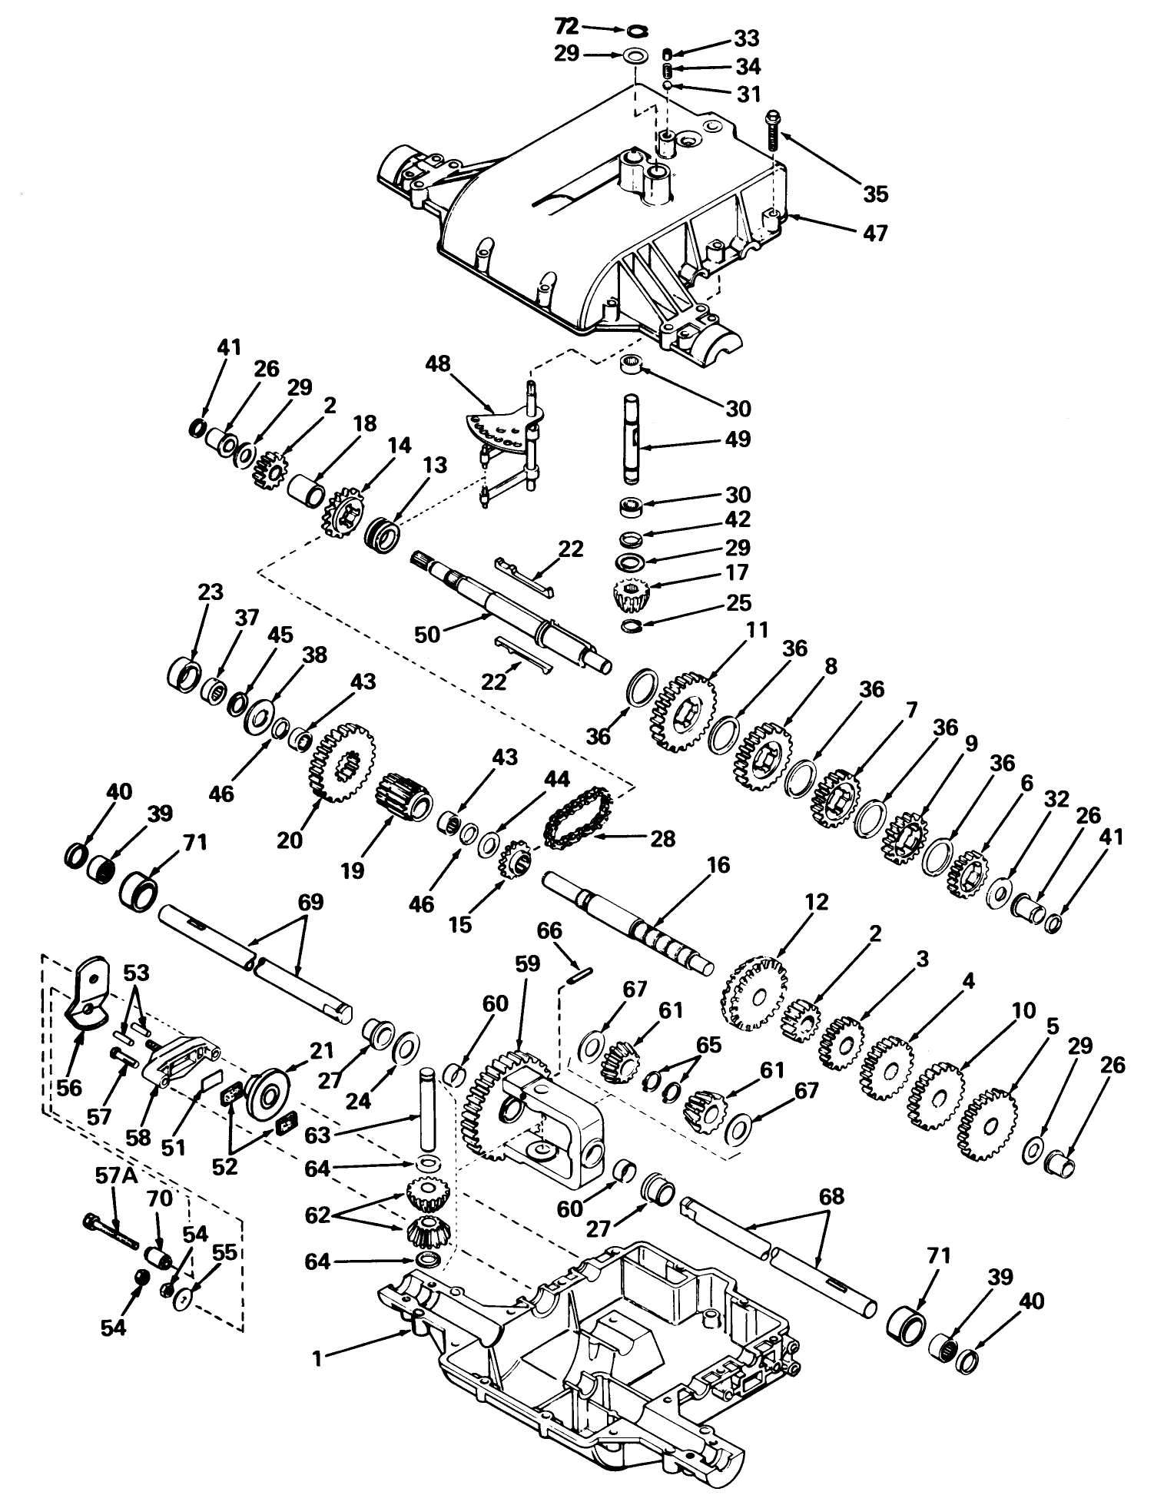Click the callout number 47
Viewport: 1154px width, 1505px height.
(x=875, y=231)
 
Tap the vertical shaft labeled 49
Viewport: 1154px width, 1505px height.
(x=632, y=439)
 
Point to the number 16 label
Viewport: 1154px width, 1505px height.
(x=719, y=866)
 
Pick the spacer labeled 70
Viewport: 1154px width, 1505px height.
(x=158, y=1261)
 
